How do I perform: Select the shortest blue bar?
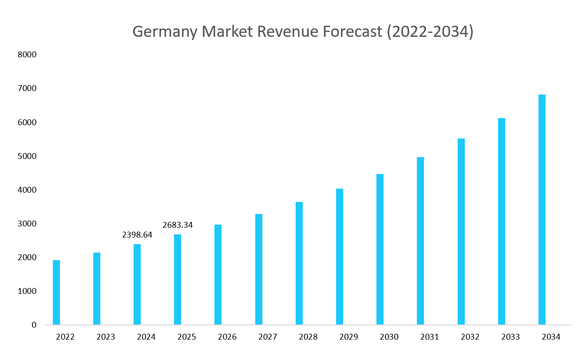click(x=56, y=293)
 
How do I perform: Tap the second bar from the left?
click(x=97, y=289)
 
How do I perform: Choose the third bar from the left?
click(x=137, y=285)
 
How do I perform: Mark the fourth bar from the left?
click(x=178, y=280)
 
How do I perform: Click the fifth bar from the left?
click(x=218, y=275)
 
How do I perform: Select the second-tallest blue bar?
click(x=502, y=222)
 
